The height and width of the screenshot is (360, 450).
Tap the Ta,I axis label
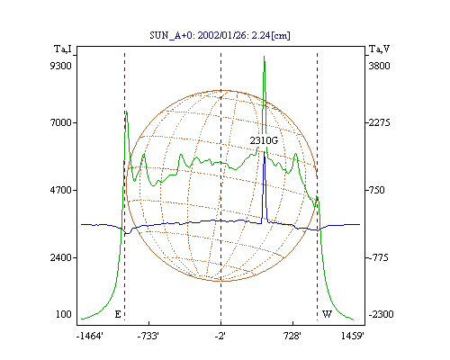pos(63,49)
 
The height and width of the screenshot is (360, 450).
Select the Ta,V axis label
pos(379,49)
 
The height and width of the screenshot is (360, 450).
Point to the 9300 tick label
pos(61,66)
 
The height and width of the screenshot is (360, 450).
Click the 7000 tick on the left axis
pos(61,122)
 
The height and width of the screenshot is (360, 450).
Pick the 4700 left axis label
pos(61,190)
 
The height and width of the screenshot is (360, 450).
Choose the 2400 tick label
pos(61,257)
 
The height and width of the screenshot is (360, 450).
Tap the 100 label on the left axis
pos(64,314)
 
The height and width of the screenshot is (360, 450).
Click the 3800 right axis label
pos(380,66)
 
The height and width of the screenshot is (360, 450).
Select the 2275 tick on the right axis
pos(380,122)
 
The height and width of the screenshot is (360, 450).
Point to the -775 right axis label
pos(378,257)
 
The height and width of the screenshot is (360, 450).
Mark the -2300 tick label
pos(381,314)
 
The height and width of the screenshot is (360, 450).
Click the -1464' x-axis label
pos(90,336)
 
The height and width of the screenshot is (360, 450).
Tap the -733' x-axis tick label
pos(148,336)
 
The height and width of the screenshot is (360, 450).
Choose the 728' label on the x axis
pos(292,336)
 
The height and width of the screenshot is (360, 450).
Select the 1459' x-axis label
pos(353,336)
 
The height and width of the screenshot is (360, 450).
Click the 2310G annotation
pos(264,140)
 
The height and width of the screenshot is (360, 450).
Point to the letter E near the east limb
pos(118,314)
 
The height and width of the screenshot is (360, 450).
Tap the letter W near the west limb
pos(327,314)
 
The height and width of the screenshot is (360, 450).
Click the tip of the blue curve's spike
pos(264,152)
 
